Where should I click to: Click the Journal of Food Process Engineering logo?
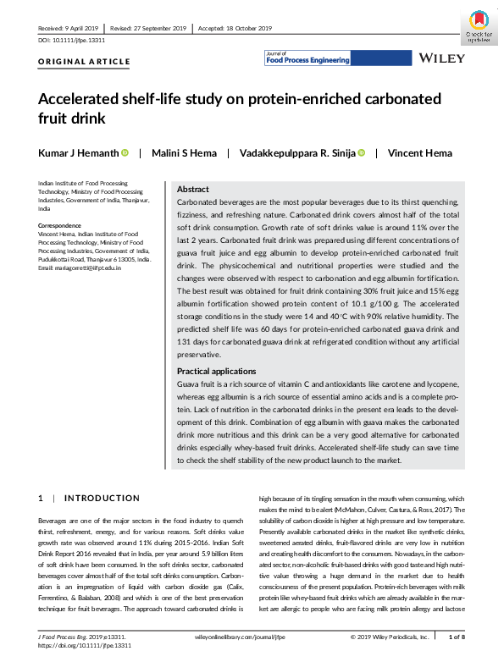pyautogui.click(x=302, y=58)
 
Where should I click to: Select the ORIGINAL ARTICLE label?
pyautogui.click(x=85, y=62)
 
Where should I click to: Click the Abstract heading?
pyautogui.click(x=192, y=190)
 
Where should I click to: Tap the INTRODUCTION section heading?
pyautogui.click(x=102, y=498)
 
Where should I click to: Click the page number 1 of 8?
pyautogui.click(x=455, y=635)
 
